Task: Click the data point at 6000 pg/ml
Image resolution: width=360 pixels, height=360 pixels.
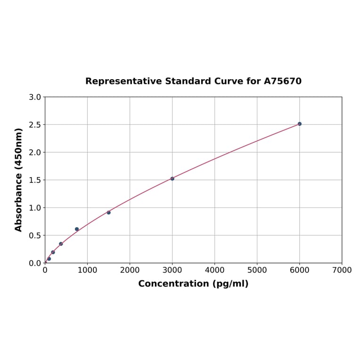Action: pos(299,124)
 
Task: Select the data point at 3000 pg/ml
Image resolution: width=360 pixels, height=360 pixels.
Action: pos(172,179)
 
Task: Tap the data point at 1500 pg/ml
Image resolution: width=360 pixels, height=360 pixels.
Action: pos(108,213)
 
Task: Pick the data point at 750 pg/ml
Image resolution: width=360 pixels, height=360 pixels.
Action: pos(77,229)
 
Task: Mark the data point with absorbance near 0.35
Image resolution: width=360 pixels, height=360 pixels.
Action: pos(61,244)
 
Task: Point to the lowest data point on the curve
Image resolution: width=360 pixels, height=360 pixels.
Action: pos(49,259)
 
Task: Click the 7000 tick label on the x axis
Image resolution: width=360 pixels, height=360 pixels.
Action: pos(342,270)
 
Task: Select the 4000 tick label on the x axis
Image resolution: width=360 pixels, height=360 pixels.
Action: pos(214,270)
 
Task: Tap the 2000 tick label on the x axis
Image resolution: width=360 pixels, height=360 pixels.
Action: pos(130,270)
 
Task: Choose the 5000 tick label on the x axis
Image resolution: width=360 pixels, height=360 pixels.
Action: pos(257,270)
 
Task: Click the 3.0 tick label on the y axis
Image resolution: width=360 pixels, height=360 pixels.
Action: pos(35,97)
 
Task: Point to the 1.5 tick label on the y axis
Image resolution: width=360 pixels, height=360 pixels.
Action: pos(35,180)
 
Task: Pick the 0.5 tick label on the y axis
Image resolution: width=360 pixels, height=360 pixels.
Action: pos(35,236)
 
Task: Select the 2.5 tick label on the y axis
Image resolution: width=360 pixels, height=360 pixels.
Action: pos(35,125)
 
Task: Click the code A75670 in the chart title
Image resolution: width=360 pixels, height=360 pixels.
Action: pos(282,81)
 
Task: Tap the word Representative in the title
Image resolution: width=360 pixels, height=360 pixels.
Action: pos(124,81)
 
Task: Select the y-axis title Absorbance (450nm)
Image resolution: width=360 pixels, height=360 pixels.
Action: pos(19,180)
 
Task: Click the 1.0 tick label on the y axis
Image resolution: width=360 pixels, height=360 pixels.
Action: pos(35,208)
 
